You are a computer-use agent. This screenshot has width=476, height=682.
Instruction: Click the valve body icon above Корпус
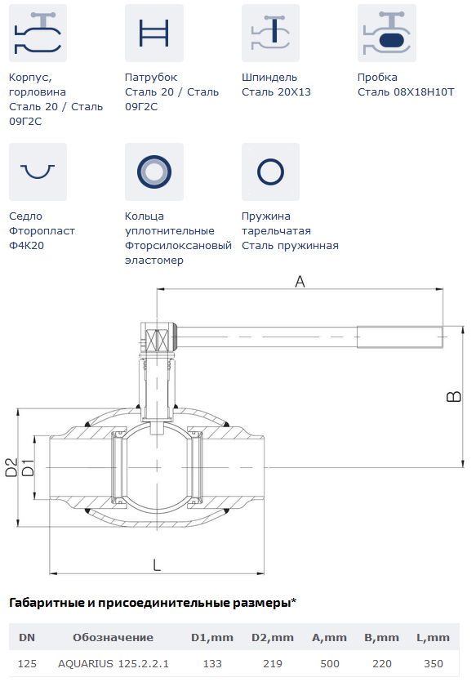pos(38,33)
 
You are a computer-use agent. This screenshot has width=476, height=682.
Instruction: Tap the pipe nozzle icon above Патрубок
pos(153,33)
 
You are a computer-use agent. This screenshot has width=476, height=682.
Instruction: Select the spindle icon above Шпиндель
pos(270,33)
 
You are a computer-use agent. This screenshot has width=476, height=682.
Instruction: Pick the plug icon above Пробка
pos(386,33)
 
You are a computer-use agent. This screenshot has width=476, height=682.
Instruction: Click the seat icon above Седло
pos(38,172)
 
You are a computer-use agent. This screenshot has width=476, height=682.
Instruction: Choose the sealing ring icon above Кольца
pos(153,172)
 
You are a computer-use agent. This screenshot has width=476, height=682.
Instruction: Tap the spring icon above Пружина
pos(270,172)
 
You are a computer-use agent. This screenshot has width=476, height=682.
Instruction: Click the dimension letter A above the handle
pos(300,282)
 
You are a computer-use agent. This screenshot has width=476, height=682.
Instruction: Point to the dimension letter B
pos(454,396)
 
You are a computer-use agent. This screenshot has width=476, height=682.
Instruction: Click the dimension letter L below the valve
pos(157,565)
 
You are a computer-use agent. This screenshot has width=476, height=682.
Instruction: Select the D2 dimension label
pos(11,467)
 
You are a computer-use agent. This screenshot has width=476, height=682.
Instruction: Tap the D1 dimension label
pos(28,467)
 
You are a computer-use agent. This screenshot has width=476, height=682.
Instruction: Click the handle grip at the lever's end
pos(400,337)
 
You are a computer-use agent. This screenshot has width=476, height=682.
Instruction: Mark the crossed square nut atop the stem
pos(157,341)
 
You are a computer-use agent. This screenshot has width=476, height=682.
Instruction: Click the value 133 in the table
pos(212,664)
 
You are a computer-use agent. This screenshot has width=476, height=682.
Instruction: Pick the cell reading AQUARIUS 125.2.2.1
pos(113,664)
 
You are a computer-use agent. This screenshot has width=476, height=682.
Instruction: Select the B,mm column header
pos(381,638)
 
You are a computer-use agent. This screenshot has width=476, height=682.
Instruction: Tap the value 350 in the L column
pos(433,664)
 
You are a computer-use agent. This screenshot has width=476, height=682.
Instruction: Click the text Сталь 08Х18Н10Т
pos(406,92)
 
